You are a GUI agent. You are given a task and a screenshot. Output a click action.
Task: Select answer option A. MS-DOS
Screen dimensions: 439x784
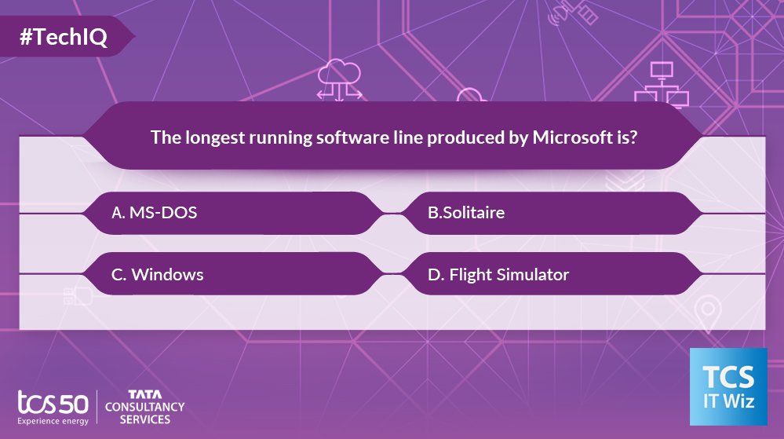154,212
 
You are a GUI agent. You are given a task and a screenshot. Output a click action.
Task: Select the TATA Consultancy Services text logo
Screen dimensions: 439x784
144,406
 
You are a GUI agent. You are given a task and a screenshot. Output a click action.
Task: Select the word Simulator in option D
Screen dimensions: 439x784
533,274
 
